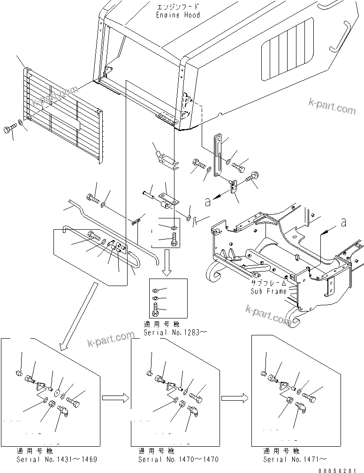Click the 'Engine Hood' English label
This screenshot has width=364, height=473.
[178, 15]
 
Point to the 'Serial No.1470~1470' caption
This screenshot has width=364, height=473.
[178, 459]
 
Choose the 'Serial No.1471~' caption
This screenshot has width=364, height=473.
[295, 459]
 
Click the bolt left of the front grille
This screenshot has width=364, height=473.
[11, 129]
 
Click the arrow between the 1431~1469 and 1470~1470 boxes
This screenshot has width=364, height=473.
[114, 398]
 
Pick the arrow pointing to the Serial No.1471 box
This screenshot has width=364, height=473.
[235, 398]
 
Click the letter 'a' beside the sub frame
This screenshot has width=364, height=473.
[344, 223]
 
